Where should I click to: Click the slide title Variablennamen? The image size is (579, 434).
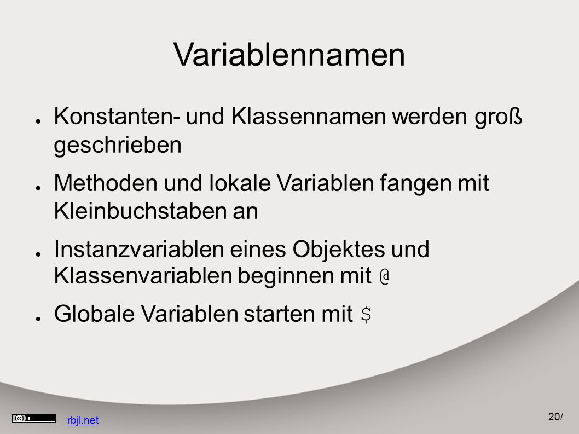pyautogui.click(x=289, y=55)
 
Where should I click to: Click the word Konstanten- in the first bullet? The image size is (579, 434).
pyautogui.click(x=118, y=116)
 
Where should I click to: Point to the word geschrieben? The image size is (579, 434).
pyautogui.click(x=118, y=146)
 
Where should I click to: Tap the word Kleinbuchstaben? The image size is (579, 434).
pyautogui.click(x=140, y=211)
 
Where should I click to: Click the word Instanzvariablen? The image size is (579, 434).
pyautogui.click(x=139, y=249)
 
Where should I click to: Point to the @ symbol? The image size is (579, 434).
pyautogui.click(x=384, y=276)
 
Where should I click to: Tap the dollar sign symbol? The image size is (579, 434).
pyautogui.click(x=366, y=315)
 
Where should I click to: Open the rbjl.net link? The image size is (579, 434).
pyautogui.click(x=83, y=420)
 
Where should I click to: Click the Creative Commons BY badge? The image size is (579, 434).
pyautogui.click(x=33, y=419)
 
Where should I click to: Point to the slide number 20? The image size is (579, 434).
pyautogui.click(x=554, y=416)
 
